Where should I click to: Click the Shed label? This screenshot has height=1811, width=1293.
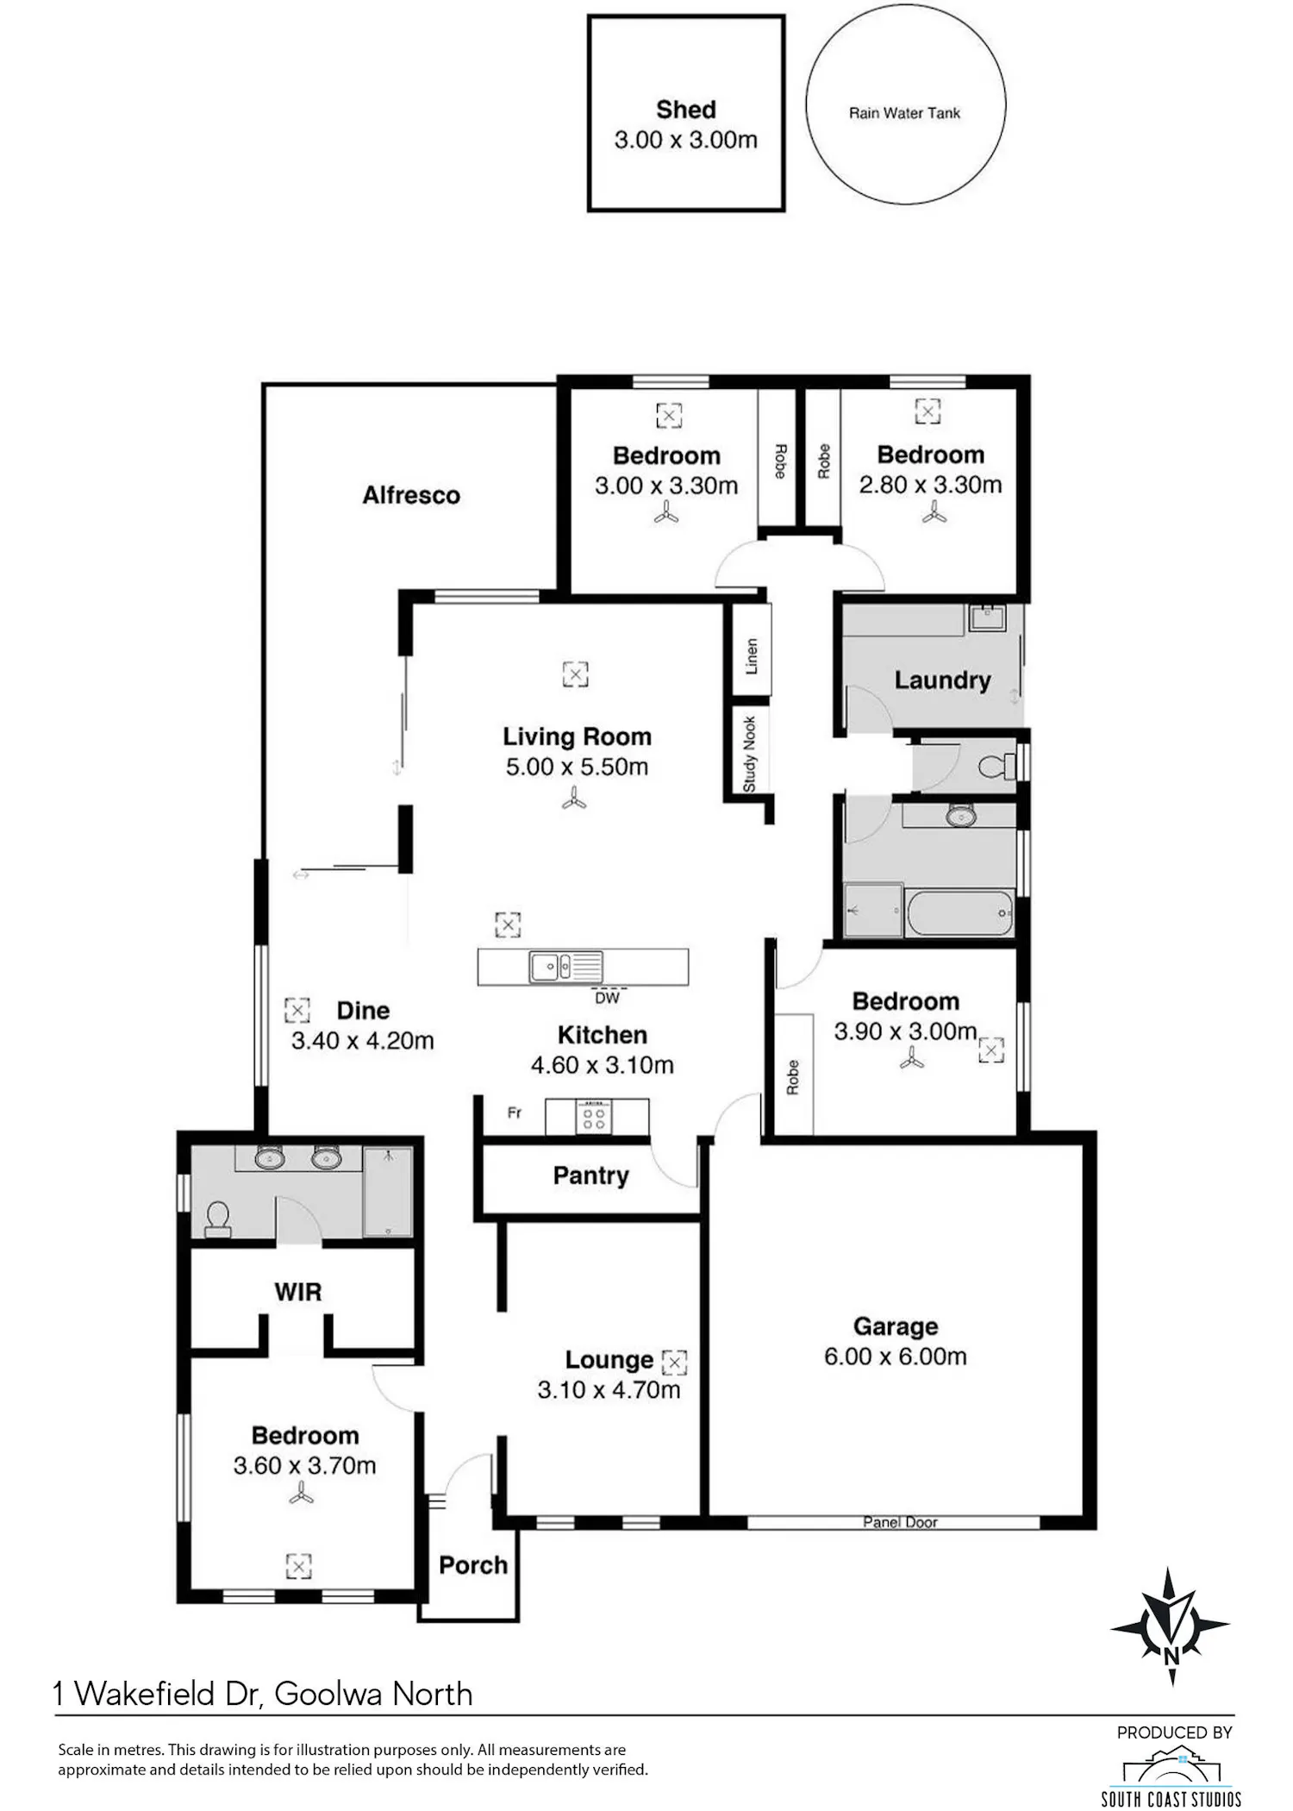(686, 110)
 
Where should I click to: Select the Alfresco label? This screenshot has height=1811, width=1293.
(411, 495)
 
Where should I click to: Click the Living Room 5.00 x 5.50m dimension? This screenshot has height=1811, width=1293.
(577, 767)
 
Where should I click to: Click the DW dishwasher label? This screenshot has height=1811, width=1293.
(608, 998)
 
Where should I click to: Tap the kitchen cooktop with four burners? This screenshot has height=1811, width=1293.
(594, 1118)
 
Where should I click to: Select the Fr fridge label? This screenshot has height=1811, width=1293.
(515, 1113)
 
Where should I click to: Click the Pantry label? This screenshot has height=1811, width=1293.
(590, 1175)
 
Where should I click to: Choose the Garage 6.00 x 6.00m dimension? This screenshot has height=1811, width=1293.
(896, 1357)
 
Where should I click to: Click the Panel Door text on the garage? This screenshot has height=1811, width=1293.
(900, 1522)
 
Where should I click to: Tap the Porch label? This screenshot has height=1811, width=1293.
(473, 1565)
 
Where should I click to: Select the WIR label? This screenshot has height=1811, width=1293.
(298, 1292)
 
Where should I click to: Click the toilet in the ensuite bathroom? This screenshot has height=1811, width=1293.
(217, 1219)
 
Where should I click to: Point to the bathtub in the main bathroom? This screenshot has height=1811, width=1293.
(959, 912)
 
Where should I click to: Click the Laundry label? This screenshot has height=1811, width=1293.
(942, 680)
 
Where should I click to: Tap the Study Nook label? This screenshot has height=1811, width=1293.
(749, 755)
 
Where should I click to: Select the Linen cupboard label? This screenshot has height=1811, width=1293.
(751, 656)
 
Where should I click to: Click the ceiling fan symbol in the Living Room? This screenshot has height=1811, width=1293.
(574, 800)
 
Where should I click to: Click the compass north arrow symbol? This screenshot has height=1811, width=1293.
(1171, 1626)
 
